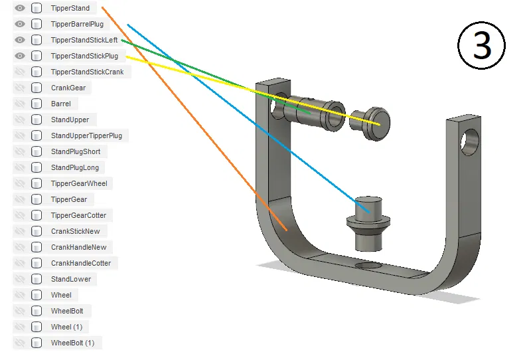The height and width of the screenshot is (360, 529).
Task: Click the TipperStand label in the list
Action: coord(70,8)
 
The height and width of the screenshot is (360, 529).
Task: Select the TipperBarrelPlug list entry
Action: coord(77,24)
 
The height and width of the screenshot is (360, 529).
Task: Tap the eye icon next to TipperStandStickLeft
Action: coord(20,40)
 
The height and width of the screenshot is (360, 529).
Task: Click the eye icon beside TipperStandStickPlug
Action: coord(20,56)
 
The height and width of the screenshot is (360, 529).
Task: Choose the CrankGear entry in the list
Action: coord(68,88)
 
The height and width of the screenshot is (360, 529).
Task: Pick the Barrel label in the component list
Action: coord(60,104)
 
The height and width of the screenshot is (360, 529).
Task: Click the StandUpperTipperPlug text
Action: coord(86,135)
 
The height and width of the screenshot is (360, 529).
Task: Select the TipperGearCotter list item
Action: coord(78,215)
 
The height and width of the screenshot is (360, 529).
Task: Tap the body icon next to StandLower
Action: coord(37,279)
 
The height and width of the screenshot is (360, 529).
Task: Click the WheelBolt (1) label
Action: coord(72,343)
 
